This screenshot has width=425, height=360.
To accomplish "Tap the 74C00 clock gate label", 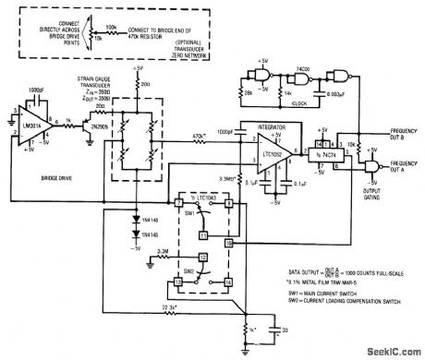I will (x=304, y=70).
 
